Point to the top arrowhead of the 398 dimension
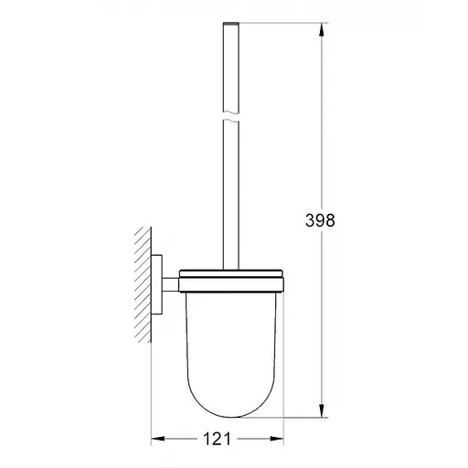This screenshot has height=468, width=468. click(x=321, y=27)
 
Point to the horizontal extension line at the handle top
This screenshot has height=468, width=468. click(x=274, y=20)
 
